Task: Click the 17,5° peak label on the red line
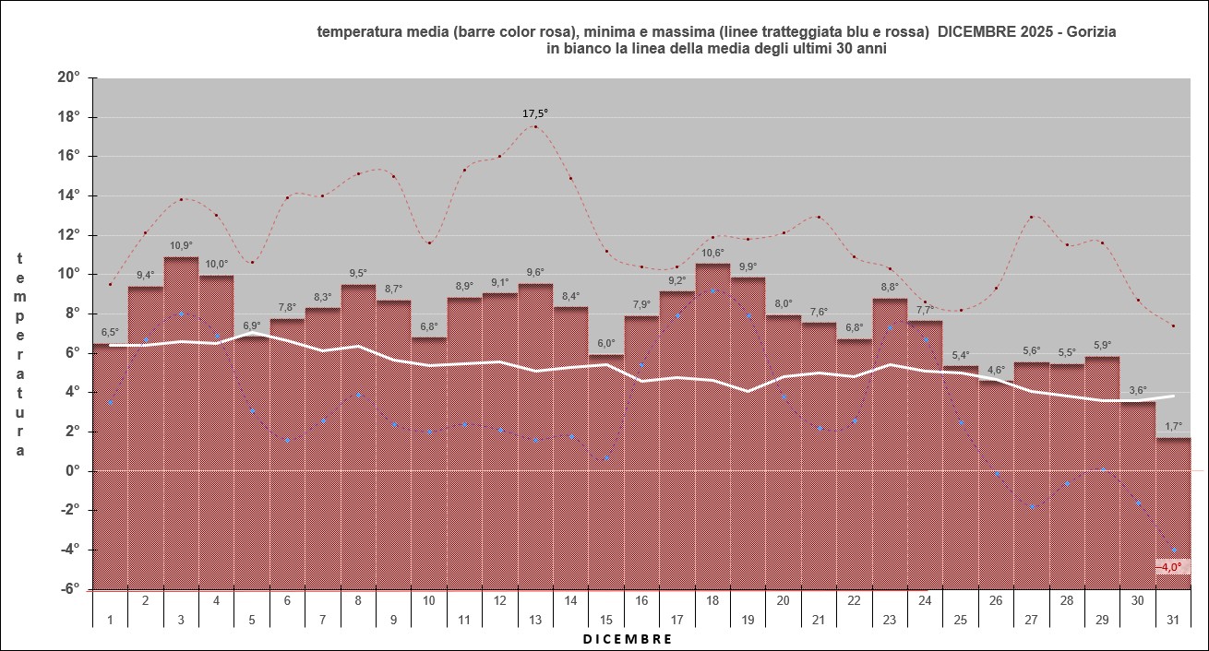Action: pos(535,113)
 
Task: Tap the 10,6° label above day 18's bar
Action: pos(712,253)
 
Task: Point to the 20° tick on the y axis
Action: pos(69,77)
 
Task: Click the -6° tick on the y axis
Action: pos(69,588)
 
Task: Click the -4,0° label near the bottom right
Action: pos(1172,567)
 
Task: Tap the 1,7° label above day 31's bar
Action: pos(1172,426)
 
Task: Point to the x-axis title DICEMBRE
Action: pos(628,638)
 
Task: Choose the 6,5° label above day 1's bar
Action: pos(110,333)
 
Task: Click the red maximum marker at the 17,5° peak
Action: pos(535,126)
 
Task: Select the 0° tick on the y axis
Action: pos(74,470)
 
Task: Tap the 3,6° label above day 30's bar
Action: pos(1138,390)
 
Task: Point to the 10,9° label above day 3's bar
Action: pos(181,245)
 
